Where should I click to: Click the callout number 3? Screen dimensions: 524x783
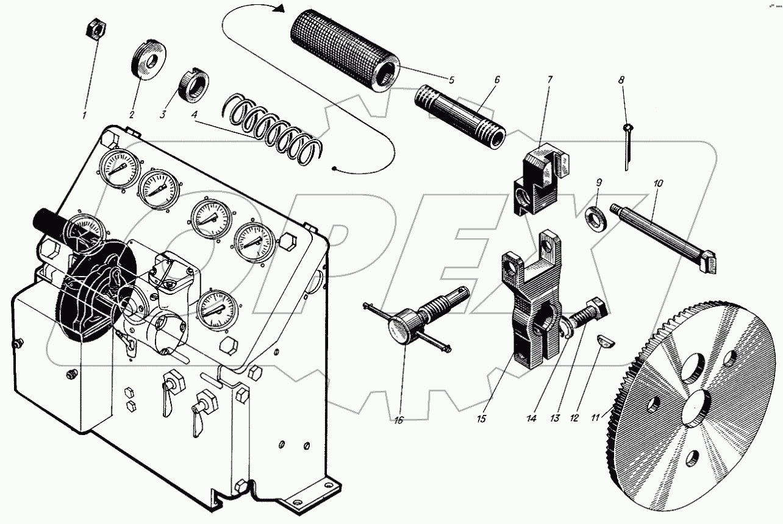163,114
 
